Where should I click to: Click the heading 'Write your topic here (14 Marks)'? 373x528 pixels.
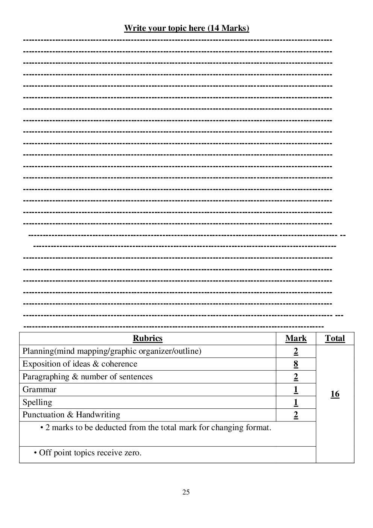click(x=186, y=28)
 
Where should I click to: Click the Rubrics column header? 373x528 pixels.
click(x=147, y=338)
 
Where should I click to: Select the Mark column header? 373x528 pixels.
click(x=296, y=338)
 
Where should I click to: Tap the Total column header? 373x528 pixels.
click(x=335, y=338)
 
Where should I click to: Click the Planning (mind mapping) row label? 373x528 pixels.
click(x=112, y=351)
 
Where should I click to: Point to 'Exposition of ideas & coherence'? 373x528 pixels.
click(x=80, y=364)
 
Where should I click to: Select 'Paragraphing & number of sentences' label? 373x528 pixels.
click(x=87, y=377)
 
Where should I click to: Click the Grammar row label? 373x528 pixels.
click(x=39, y=390)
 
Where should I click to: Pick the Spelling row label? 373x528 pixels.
click(x=37, y=402)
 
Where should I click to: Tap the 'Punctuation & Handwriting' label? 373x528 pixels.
click(x=71, y=415)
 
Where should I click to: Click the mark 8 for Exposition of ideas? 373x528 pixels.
click(x=296, y=364)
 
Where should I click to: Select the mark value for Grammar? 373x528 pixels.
click(x=296, y=390)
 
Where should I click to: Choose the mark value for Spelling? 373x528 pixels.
click(x=296, y=402)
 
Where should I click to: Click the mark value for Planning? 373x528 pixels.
click(x=296, y=351)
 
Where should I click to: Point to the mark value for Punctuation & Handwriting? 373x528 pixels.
click(x=296, y=415)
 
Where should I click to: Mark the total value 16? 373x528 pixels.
click(x=335, y=394)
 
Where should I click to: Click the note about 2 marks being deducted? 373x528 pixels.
click(x=158, y=428)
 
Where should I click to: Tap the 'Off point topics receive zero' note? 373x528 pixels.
click(x=90, y=453)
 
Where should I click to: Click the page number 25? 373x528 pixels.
click(x=186, y=492)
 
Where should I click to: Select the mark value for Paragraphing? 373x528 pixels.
click(x=296, y=377)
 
